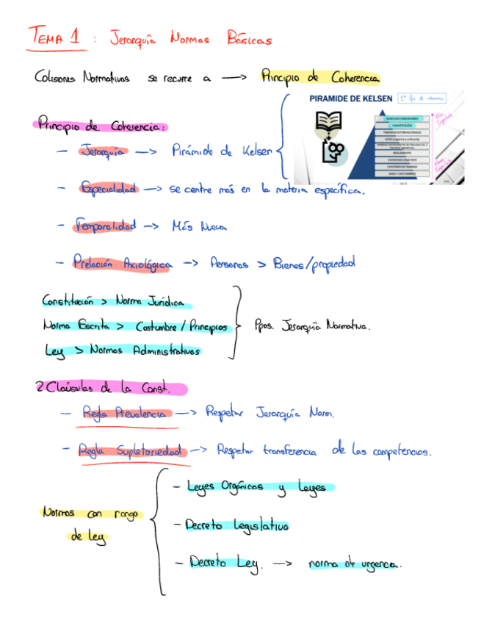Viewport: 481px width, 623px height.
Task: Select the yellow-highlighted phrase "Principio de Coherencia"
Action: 319,77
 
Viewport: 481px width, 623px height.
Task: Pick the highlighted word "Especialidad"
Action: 109,189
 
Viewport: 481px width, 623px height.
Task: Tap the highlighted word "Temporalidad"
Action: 106,226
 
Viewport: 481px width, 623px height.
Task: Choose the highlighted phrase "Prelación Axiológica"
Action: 122,262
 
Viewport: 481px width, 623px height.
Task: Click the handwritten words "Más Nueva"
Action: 199,227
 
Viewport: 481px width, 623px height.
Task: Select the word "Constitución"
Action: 68,301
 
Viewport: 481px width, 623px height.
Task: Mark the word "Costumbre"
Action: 161,326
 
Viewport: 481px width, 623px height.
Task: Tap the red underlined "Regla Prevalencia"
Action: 125,413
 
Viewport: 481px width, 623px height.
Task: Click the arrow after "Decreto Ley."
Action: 282,564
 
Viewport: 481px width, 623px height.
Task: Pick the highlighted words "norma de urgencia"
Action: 354,564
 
